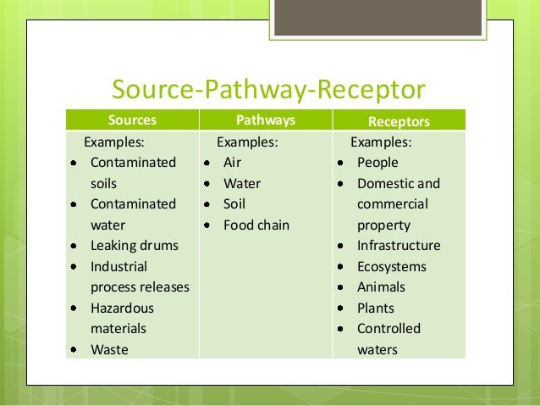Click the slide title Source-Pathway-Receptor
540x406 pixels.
click(269, 89)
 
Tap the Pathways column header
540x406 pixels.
click(264, 120)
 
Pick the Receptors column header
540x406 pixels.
click(399, 121)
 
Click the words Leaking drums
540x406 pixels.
click(135, 246)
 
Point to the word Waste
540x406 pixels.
click(109, 349)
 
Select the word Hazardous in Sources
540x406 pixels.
click(122, 308)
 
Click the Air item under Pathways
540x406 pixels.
click(232, 162)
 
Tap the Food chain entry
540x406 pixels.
click(256, 225)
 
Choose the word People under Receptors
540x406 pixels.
click(377, 162)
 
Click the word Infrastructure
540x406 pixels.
click(399, 246)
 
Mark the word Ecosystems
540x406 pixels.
click(392, 266)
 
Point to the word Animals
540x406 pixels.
click(381, 287)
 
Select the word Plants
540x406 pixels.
click(375, 308)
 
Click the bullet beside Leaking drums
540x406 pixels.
click(74, 246)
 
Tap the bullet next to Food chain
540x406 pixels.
click(207, 225)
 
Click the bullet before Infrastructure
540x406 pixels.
click(340, 246)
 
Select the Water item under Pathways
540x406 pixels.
click(241, 183)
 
